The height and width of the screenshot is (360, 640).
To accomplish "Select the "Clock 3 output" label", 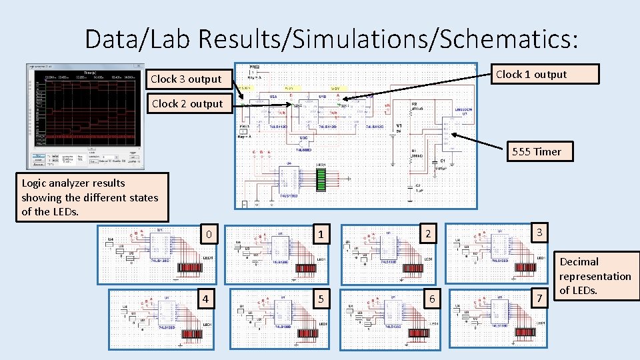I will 187,79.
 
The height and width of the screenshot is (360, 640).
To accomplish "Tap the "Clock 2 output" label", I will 188,103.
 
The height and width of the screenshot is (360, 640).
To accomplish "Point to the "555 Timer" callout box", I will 537,151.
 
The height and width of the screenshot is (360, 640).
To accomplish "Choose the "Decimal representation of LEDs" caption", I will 595,276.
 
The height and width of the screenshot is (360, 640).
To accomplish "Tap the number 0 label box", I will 209,235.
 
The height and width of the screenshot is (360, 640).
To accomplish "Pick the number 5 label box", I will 321,299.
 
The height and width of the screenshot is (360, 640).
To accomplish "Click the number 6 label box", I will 432,299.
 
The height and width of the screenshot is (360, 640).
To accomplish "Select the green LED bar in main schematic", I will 321,179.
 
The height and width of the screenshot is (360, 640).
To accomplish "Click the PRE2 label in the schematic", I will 255,67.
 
